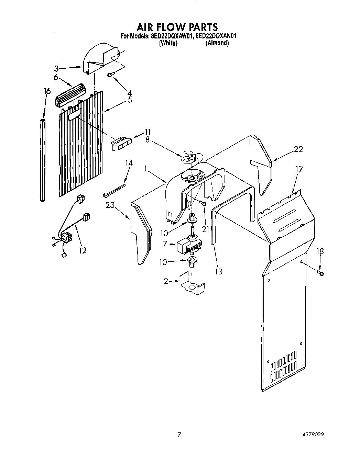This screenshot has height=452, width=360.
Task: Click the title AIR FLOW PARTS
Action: click(x=177, y=27)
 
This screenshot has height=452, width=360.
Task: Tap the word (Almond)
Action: click(x=217, y=43)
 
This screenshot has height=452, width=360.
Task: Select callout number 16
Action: click(x=47, y=91)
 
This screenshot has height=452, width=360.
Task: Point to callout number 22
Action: click(x=298, y=149)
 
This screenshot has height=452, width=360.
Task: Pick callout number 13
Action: click(x=218, y=272)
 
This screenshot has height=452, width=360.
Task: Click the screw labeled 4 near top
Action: click(x=111, y=75)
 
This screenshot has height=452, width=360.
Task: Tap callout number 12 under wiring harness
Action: click(x=83, y=250)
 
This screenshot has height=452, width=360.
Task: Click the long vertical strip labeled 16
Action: click(x=43, y=160)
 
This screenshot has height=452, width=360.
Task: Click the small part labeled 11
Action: click(x=121, y=142)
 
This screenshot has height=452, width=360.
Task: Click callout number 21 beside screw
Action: click(x=205, y=228)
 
